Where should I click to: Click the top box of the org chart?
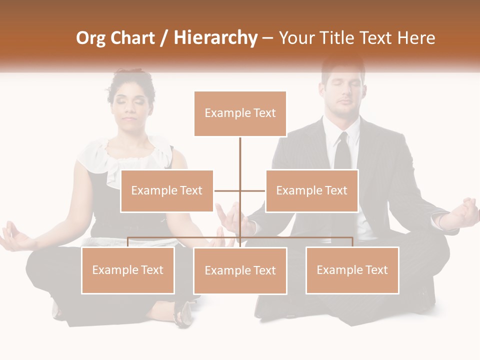[x=240, y=113]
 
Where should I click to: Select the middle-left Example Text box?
[x=167, y=190]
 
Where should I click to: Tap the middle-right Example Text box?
[x=311, y=190]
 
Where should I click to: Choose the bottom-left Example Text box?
[x=128, y=270]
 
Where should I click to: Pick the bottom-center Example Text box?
[x=240, y=270]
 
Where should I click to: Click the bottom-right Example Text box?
[x=352, y=270]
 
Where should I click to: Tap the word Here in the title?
[x=416, y=38]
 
